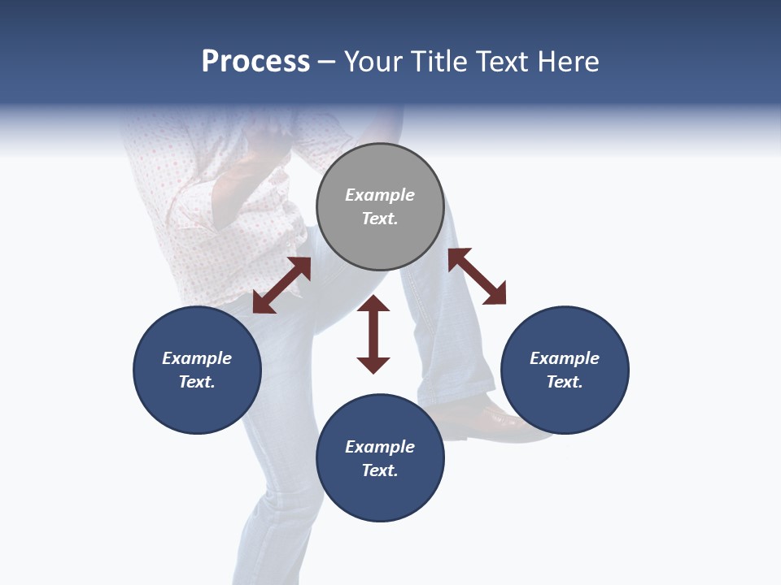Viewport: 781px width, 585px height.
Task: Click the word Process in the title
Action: [255, 62]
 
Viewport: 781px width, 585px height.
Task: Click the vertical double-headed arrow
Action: [373, 334]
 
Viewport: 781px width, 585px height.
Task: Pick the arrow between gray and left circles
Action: [281, 285]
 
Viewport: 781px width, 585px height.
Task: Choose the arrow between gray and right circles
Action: [477, 276]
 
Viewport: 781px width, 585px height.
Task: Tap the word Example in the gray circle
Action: [380, 195]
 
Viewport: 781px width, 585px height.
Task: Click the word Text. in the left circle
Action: [197, 382]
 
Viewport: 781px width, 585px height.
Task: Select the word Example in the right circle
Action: [565, 358]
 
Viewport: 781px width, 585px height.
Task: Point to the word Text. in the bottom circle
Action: [380, 470]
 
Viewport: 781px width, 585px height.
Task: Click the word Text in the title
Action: [502, 62]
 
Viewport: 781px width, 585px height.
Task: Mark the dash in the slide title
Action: [327, 63]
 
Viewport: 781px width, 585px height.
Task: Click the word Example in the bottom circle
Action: [380, 447]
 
